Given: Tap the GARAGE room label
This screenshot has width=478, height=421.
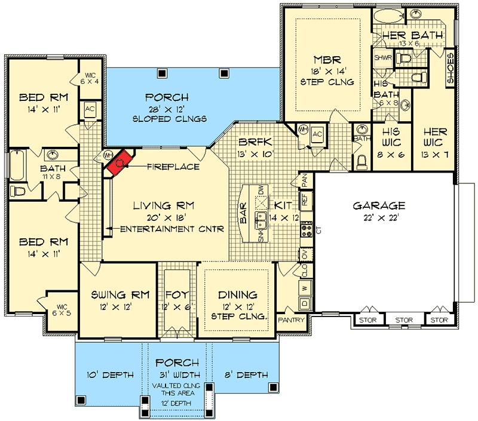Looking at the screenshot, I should (x=379, y=205).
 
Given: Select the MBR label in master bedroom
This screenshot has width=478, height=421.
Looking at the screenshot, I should (x=327, y=60).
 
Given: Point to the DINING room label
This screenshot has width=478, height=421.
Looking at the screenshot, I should (x=237, y=294).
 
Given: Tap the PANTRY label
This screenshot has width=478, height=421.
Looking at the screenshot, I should (x=292, y=320).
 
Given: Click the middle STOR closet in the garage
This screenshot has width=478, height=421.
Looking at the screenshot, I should (x=404, y=321).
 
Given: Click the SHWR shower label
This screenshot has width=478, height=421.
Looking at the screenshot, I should (x=382, y=58).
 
